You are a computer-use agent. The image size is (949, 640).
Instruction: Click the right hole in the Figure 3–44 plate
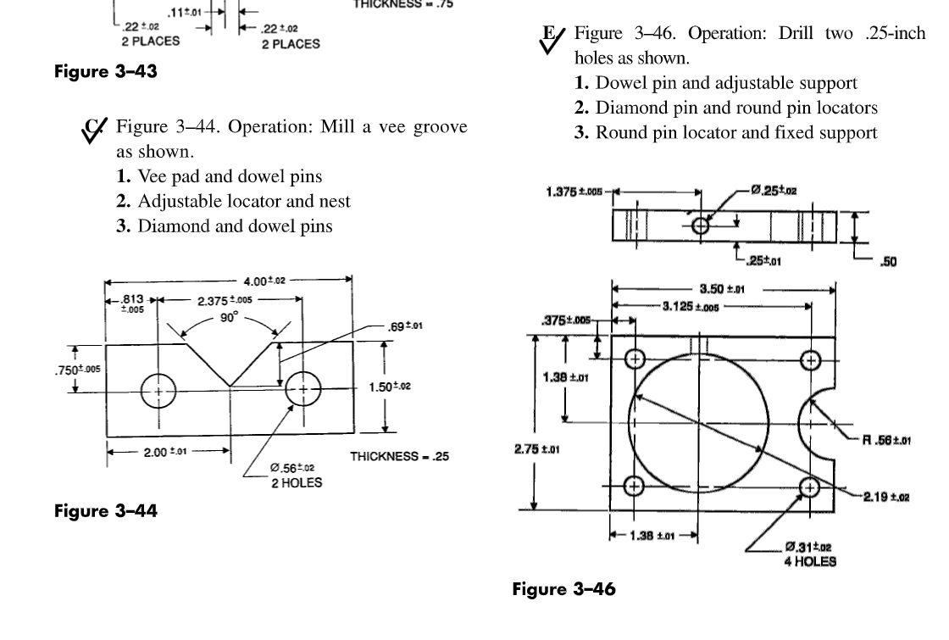click(303, 390)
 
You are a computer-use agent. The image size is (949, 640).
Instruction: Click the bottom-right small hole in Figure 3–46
click(809, 486)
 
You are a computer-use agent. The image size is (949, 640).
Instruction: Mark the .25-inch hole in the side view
click(700, 226)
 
